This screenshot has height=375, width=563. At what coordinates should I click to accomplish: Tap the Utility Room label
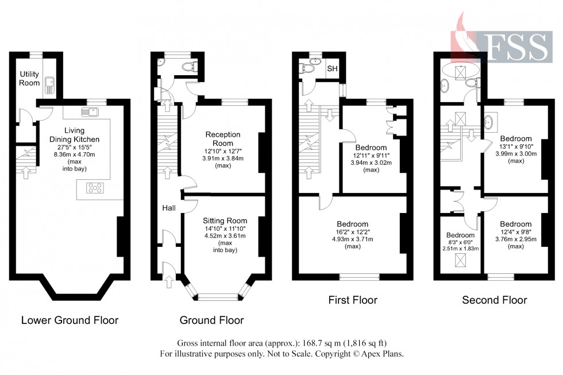pyautogui.click(x=28, y=79)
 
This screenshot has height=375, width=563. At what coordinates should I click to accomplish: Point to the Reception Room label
pyautogui.click(x=223, y=138)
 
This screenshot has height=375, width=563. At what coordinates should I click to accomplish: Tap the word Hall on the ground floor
pyautogui.click(x=168, y=207)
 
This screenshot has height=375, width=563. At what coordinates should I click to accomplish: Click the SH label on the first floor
pyautogui.click(x=333, y=69)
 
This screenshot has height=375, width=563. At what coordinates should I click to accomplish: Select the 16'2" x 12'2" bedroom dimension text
pyautogui.click(x=352, y=231)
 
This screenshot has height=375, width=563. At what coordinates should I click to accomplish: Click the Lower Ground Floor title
pyautogui.click(x=70, y=320)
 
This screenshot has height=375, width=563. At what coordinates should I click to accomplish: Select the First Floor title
pyautogui.click(x=353, y=300)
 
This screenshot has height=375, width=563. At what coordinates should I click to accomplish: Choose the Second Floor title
pyautogui.click(x=495, y=300)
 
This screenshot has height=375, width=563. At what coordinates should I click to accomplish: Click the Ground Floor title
pyautogui.click(x=211, y=320)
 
